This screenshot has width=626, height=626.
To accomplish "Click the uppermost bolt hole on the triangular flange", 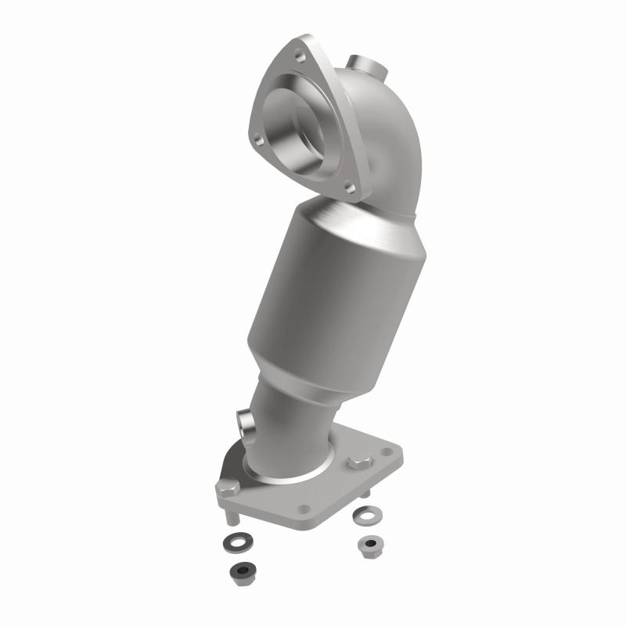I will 300,56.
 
